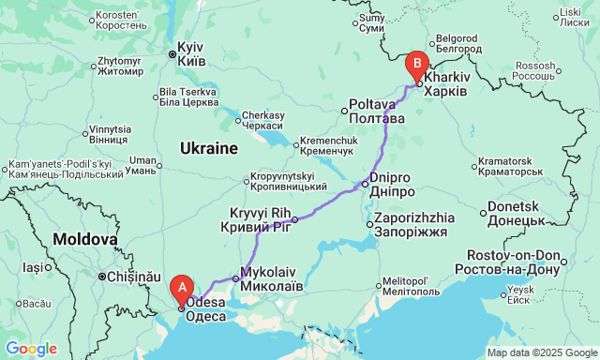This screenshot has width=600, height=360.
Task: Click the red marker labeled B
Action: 417,66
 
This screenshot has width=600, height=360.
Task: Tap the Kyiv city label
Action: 191,53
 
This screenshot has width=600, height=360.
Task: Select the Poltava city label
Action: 377,112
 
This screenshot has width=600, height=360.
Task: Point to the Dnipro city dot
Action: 366,184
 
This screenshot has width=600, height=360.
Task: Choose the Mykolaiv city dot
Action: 236,278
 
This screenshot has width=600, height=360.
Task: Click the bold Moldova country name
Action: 83,239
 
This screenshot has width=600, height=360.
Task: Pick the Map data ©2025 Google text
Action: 541,352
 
